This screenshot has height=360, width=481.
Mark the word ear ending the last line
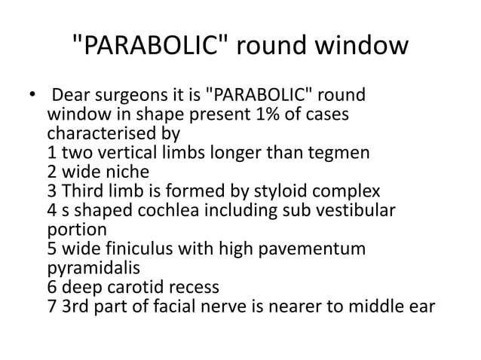click(x=421, y=304)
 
